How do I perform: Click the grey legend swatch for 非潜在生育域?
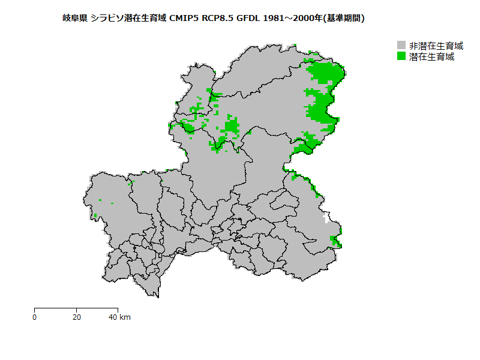click(x=401, y=46)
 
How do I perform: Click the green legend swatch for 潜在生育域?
click(x=401, y=56)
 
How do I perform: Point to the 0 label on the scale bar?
click(x=35, y=317)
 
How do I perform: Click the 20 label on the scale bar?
click(x=76, y=317)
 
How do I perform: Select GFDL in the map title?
click(x=250, y=19)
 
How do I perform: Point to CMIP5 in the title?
click(x=184, y=19)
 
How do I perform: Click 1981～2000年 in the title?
click(x=293, y=19)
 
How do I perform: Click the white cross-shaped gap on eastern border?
click(x=326, y=217)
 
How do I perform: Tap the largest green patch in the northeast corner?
click(x=325, y=73)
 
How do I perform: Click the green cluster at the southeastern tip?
click(x=336, y=241)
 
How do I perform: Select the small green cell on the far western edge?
click(x=95, y=215)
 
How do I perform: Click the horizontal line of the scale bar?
click(x=76, y=308)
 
